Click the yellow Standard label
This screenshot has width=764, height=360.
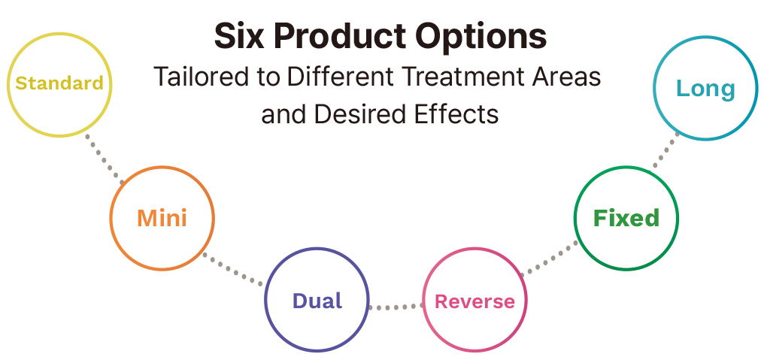[x=59, y=83]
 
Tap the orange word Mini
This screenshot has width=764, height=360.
[x=162, y=218]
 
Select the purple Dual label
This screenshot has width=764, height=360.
[x=317, y=301]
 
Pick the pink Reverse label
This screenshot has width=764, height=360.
[x=474, y=301]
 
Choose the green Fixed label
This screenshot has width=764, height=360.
[x=626, y=218]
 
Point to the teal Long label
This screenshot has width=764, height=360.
[x=705, y=89]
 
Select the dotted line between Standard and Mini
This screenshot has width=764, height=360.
[x=105, y=160]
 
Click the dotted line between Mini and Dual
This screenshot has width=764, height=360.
[x=232, y=268]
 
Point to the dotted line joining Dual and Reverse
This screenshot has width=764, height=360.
[x=396, y=307]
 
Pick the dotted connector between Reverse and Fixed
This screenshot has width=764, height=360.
[x=549, y=259]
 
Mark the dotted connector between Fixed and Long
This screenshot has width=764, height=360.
[x=665, y=150]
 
